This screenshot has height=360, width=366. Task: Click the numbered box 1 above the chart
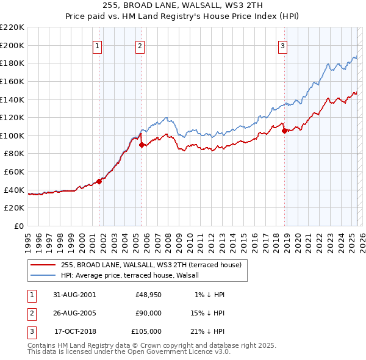pos(98,45)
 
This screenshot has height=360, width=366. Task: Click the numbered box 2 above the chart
pos(140,45)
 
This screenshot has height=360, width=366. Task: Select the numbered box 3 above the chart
pos(283,45)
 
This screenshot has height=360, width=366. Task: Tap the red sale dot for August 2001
pos(99,181)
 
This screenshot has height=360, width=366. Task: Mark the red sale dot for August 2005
pos(142,145)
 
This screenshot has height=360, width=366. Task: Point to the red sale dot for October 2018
pos(284,131)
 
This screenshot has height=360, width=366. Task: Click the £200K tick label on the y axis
pos(12,45)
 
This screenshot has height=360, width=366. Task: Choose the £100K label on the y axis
pos(12,135)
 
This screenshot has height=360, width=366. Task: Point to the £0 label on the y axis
pos(18,226)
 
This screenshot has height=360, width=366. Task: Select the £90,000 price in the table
pos(148,313)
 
